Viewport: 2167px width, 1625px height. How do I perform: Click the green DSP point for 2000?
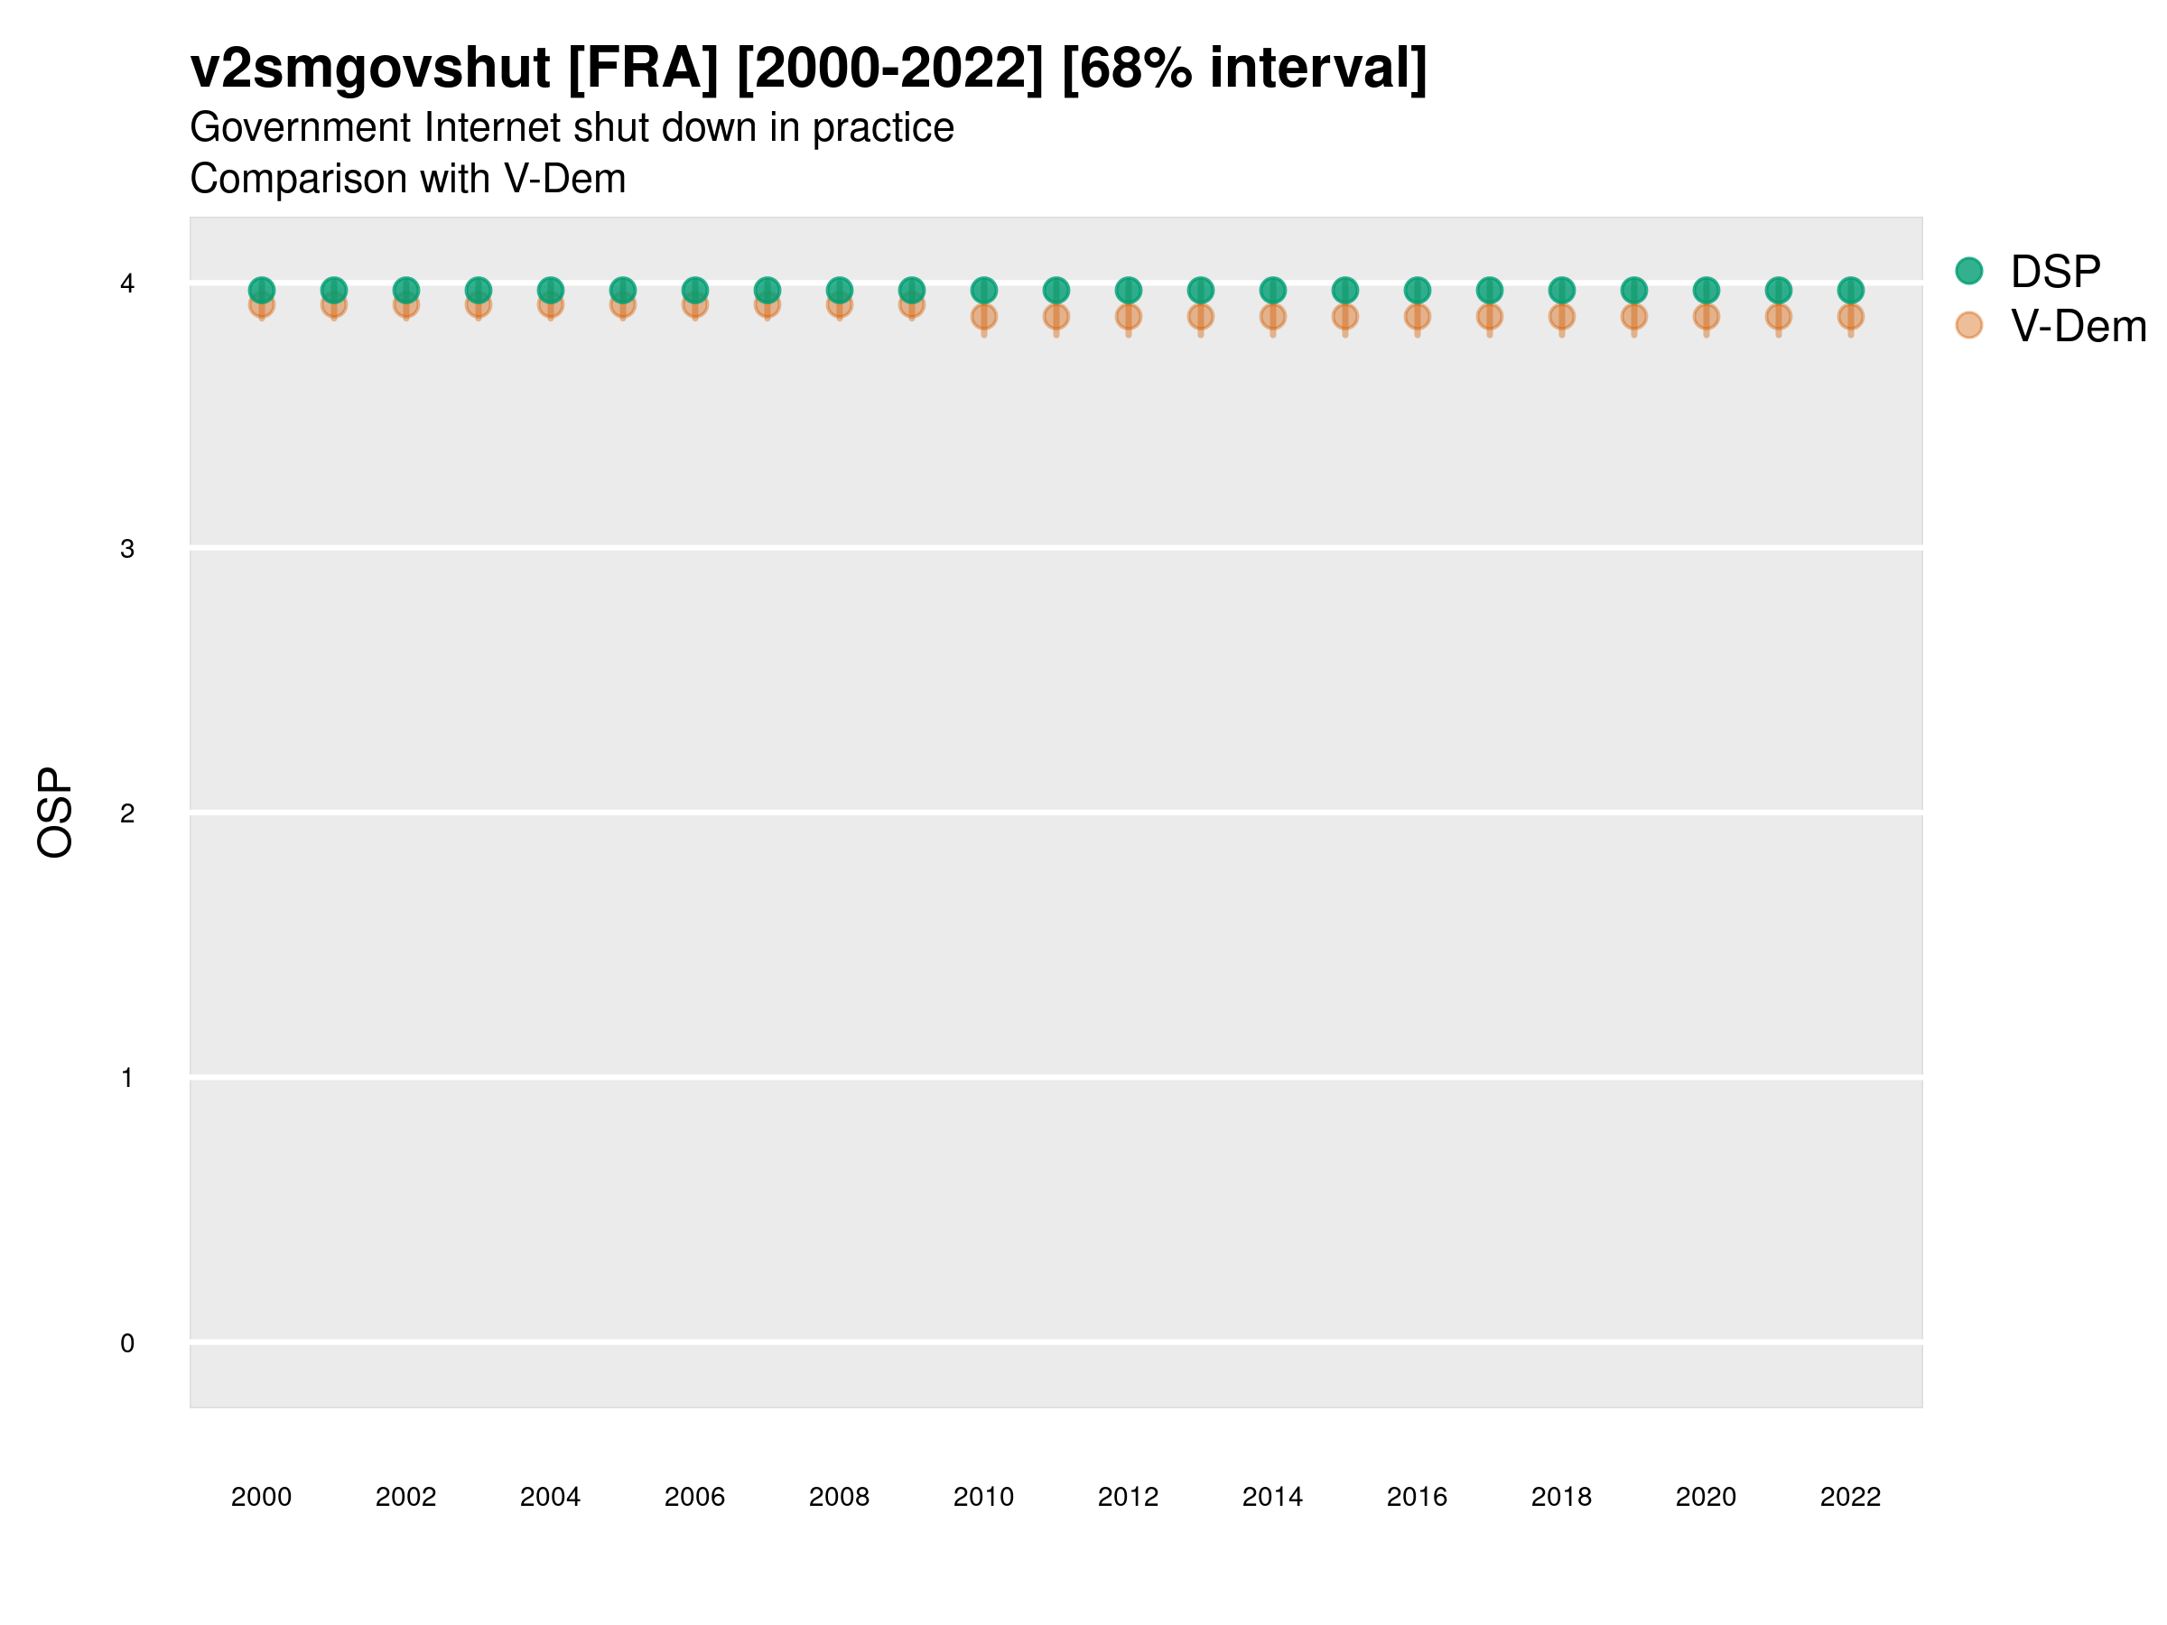pyautogui.click(x=262, y=290)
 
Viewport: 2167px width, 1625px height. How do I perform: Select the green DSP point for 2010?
pyautogui.click(x=983, y=290)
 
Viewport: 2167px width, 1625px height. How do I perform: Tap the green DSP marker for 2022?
pyautogui.click(x=1851, y=290)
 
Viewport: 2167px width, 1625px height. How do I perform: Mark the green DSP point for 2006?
pyautogui.click(x=694, y=290)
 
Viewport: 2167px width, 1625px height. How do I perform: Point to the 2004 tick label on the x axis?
pyautogui.click(x=550, y=1497)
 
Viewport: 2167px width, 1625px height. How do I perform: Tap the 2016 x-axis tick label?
pyautogui.click(x=1417, y=1497)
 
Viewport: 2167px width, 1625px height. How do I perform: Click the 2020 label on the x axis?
pyautogui.click(x=1706, y=1497)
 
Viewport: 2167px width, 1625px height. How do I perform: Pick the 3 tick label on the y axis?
pyautogui.click(x=127, y=549)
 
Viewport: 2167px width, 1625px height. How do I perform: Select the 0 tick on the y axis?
pyautogui.click(x=127, y=1343)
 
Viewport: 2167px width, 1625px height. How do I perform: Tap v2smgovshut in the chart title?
pyautogui.click(x=370, y=68)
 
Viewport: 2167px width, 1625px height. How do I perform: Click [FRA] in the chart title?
pyautogui.click(x=643, y=68)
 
